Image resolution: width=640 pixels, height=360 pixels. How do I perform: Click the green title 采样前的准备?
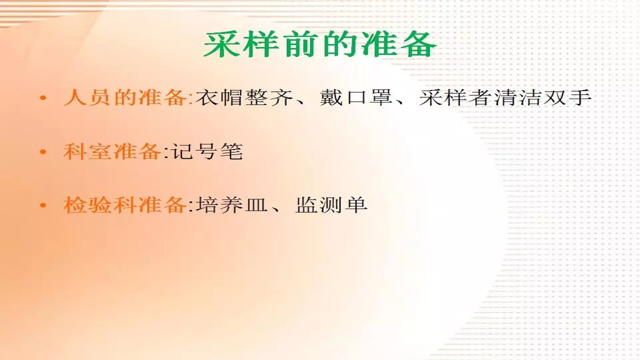coord(319,45)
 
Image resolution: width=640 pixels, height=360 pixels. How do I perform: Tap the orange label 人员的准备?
coord(125,98)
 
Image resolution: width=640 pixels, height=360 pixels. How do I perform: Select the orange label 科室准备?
coord(111,152)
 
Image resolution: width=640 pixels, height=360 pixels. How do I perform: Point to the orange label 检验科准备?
coord(124,204)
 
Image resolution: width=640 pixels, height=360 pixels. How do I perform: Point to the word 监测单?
coord(331,205)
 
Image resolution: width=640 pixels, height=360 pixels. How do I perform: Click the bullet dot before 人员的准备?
coord(42,99)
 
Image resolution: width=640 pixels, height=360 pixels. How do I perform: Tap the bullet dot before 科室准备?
coord(42,152)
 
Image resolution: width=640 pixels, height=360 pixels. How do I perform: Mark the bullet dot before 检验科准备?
coord(42,205)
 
